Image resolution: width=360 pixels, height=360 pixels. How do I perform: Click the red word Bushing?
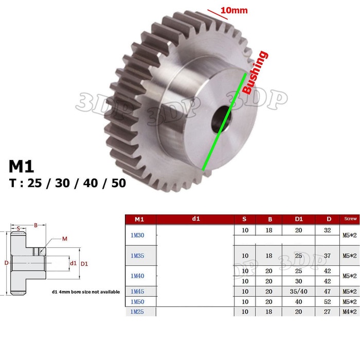pyautogui.click(x=255, y=73)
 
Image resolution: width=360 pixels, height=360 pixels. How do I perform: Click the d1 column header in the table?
pyautogui.click(x=195, y=219)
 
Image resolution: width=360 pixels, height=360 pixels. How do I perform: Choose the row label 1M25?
pyautogui.click(x=137, y=312)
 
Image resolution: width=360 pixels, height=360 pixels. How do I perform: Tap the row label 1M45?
pyautogui.click(x=137, y=291)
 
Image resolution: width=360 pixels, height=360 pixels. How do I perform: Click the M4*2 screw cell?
pyautogui.click(x=349, y=312)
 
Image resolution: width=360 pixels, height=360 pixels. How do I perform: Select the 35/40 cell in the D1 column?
pyautogui.click(x=299, y=291)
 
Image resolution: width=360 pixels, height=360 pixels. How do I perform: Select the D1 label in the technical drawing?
pyautogui.click(x=84, y=264)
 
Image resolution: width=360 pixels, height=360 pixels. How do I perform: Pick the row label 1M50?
pyautogui.click(x=137, y=301)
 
